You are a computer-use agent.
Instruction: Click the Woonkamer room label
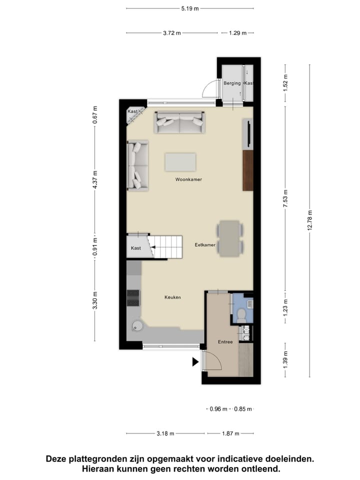[188, 179]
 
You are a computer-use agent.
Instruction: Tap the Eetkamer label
[205, 245]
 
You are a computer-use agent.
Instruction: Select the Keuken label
[172, 297]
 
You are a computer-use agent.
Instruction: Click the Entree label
[225, 342]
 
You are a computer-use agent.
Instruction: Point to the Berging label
[232, 83]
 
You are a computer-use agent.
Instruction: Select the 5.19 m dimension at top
[190, 8]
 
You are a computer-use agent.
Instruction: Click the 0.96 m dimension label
[218, 408]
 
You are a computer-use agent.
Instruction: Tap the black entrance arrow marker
[195, 362]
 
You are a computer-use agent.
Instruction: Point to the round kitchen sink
[136, 326]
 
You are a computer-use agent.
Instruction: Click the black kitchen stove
[133, 297]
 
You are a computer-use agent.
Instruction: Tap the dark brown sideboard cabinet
[248, 170]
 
